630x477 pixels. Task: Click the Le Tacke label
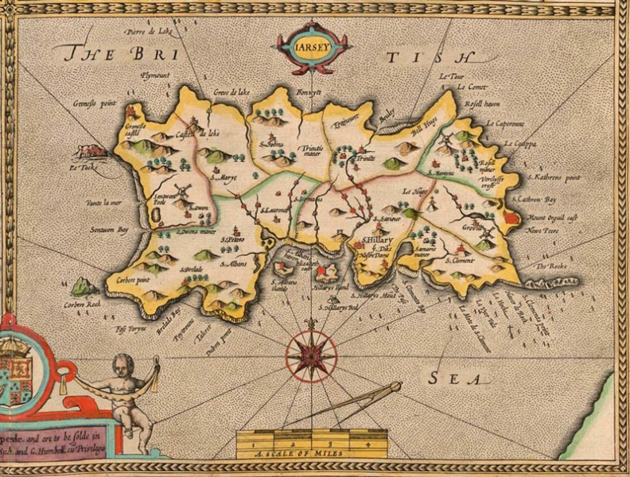pyautogui.click(x=83, y=168)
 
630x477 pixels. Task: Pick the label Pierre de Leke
pyautogui.click(x=149, y=32)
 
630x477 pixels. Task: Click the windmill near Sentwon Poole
pyautogui.click(x=182, y=191)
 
